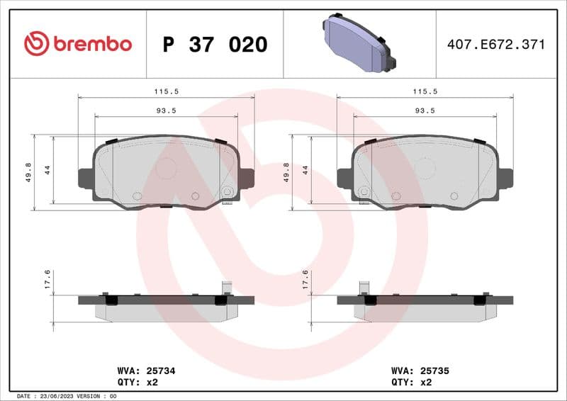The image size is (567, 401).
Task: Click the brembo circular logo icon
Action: [x=36, y=44]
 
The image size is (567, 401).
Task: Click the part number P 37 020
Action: [x=215, y=45]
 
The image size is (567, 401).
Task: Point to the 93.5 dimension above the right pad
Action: [x=425, y=111]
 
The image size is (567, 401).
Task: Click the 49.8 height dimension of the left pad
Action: [x=28, y=172]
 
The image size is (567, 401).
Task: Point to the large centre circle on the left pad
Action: [x=166, y=168]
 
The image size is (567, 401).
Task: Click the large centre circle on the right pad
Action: [x=425, y=168]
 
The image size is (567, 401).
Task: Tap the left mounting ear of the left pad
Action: [x=84, y=177]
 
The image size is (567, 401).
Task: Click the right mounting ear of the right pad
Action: [x=505, y=177]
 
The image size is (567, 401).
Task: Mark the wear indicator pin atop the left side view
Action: [x=227, y=287]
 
